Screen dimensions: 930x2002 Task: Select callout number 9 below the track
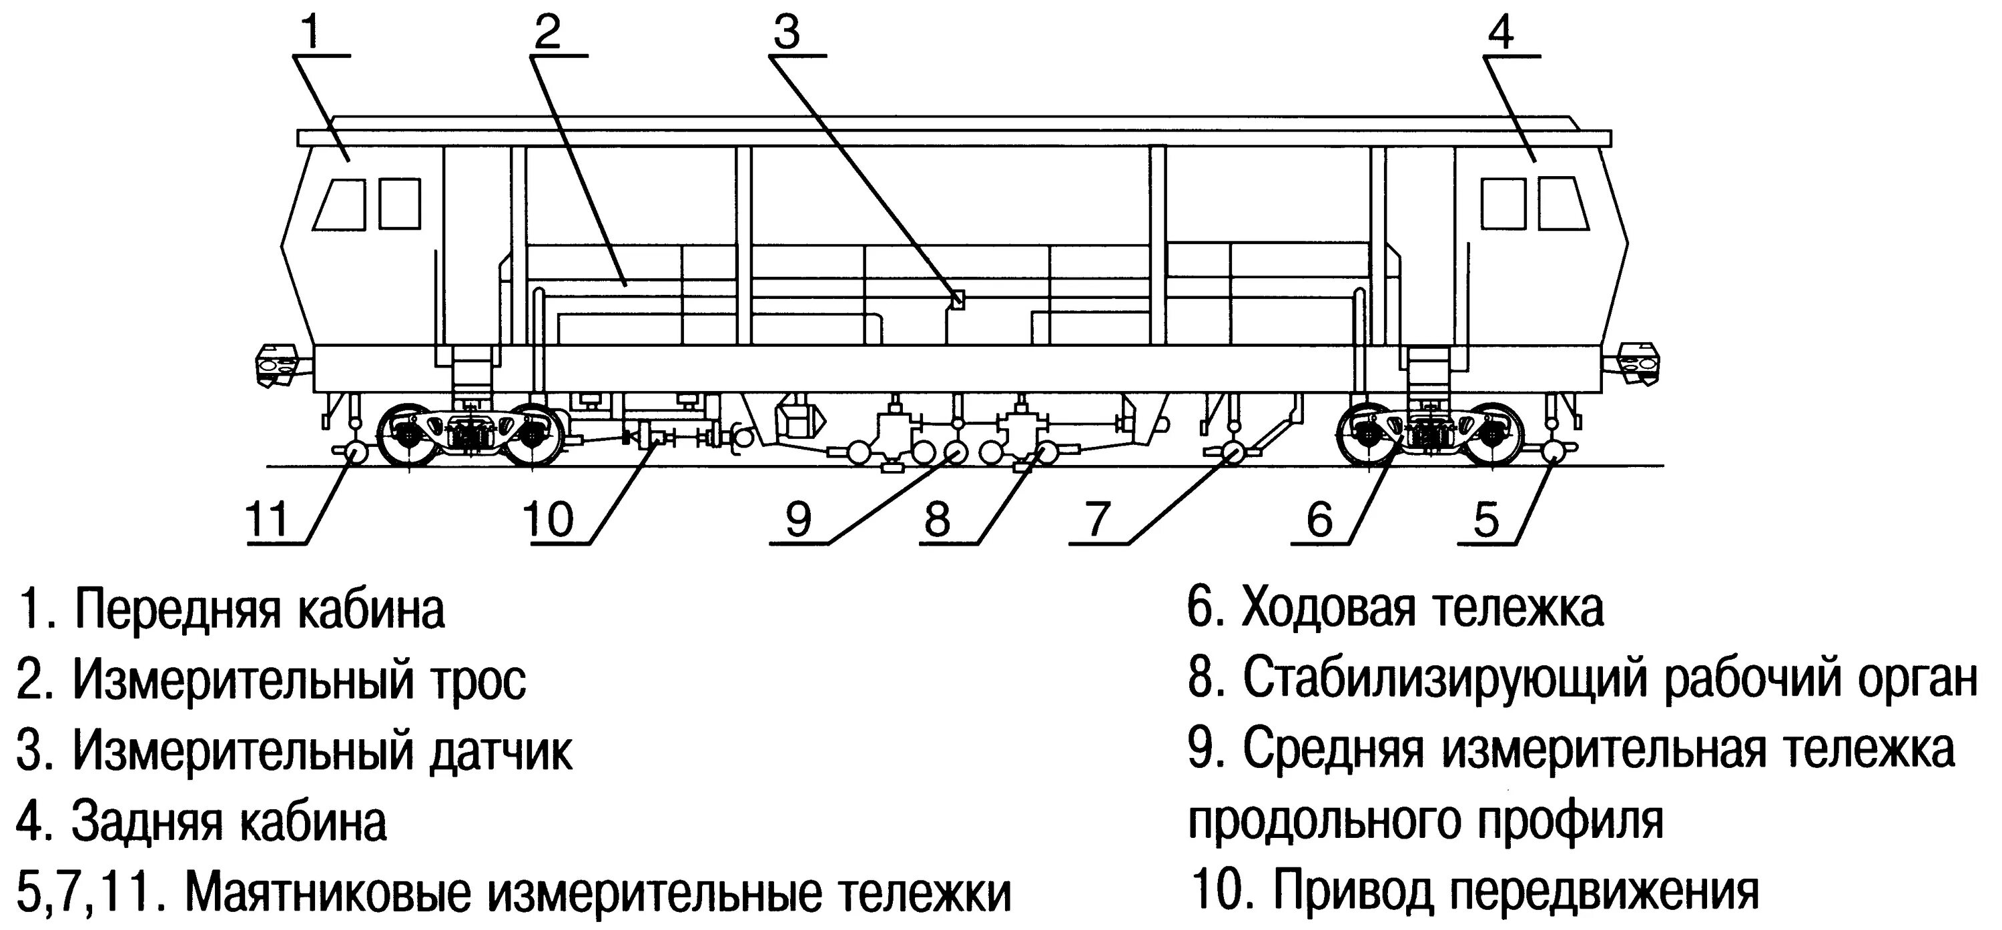tap(798, 519)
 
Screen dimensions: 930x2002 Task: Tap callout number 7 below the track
tap(1096, 519)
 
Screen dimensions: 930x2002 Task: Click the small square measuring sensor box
tap(958, 299)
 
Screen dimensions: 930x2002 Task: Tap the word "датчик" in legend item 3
tap(500, 751)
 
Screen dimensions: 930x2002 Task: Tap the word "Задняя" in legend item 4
tap(147, 821)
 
